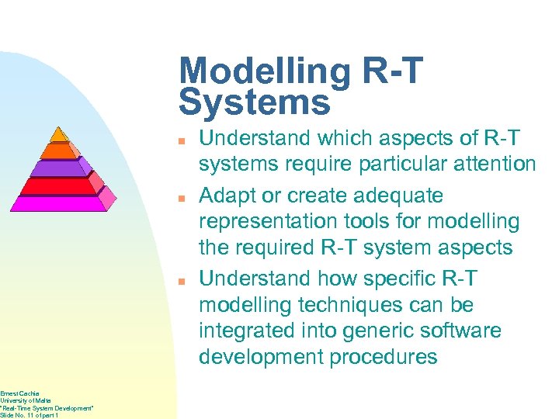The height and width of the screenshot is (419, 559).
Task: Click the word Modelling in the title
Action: click(x=264, y=71)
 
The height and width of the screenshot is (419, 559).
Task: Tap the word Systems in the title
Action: click(x=254, y=102)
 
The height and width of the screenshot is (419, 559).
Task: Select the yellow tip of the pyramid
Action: click(x=61, y=133)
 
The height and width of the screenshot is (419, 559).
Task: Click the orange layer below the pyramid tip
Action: click(x=59, y=151)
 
